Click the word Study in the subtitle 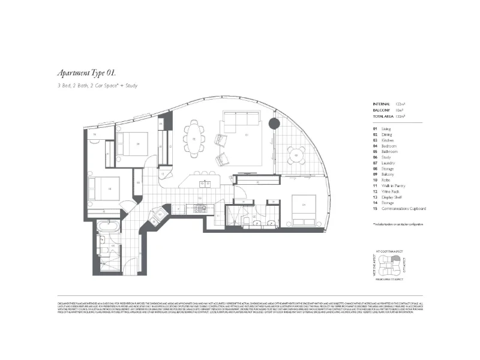132,86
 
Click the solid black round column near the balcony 274,124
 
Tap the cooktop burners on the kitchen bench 197,208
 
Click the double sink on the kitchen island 205,182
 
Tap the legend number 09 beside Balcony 375,174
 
